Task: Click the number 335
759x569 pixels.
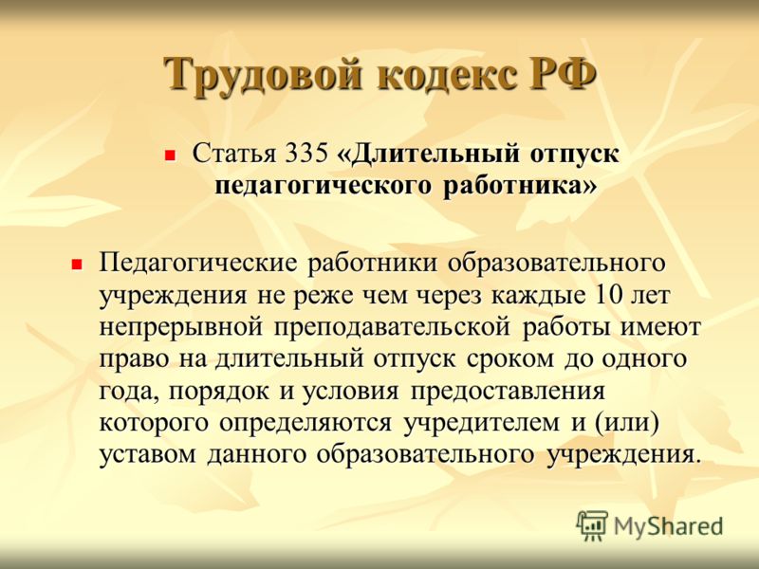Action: pyautogui.click(x=306, y=154)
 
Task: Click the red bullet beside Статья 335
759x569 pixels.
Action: pyautogui.click(x=170, y=156)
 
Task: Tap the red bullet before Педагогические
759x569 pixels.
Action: pyautogui.click(x=77, y=265)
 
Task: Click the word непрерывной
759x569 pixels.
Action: pyautogui.click(x=181, y=327)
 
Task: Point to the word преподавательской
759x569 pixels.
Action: pyautogui.click(x=392, y=327)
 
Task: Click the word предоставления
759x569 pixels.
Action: pyautogui.click(x=508, y=392)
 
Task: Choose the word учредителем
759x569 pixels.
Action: pyautogui.click(x=482, y=423)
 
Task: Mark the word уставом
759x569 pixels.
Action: pyautogui.click(x=147, y=455)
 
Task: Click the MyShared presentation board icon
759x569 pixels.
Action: pyautogui.click(x=592, y=525)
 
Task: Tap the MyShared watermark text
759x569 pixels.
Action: pyautogui.click(x=669, y=527)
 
